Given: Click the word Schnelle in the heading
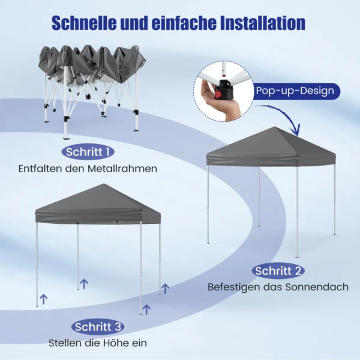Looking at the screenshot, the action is pyautogui.click(x=84, y=23).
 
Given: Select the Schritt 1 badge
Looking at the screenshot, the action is pyautogui.click(x=88, y=152).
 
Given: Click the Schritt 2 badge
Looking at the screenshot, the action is pyautogui.click(x=278, y=271).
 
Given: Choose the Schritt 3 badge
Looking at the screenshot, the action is pyautogui.click(x=98, y=327).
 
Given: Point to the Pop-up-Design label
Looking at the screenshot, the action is pyautogui.click(x=295, y=91).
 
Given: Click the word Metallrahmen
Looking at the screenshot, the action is pyautogui.click(x=122, y=169).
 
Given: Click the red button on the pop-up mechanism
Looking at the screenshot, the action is pyautogui.click(x=218, y=94).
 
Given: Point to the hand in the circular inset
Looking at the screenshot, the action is pyautogui.click(x=217, y=101).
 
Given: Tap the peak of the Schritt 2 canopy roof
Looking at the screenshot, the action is pyautogui.click(x=274, y=127).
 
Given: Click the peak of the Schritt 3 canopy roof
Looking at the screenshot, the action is pyautogui.click(x=104, y=184).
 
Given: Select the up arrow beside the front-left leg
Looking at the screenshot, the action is pyautogui.click(x=44, y=299).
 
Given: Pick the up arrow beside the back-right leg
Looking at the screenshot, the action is pyautogui.click(x=166, y=289).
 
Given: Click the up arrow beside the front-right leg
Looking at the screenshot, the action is pyautogui.click(x=146, y=309).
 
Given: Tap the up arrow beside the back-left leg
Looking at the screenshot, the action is pyautogui.click(x=84, y=284).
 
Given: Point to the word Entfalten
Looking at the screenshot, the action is pyautogui.click(x=40, y=169).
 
